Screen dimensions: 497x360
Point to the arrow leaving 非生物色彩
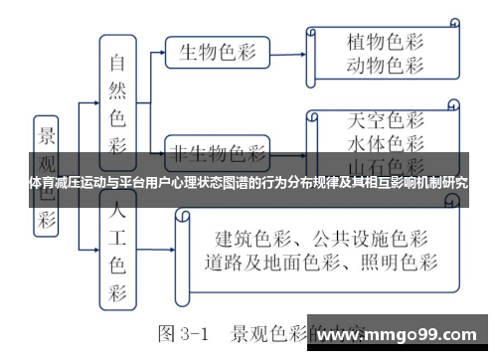[288, 153]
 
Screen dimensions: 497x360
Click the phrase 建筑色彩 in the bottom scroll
[243, 240]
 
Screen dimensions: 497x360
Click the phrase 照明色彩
[398, 264]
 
